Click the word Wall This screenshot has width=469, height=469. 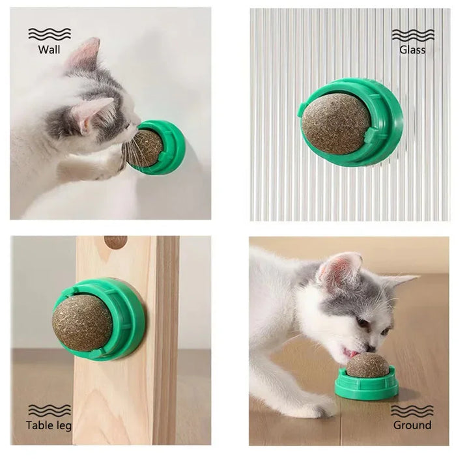(x=50, y=50)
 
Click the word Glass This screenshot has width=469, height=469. (x=412, y=50)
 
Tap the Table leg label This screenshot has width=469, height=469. (x=49, y=426)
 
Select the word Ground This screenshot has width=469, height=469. (x=412, y=425)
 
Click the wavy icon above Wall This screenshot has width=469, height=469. (x=50, y=34)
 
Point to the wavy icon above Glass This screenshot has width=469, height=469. (x=413, y=34)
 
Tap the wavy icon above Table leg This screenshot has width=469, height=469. (x=50, y=410)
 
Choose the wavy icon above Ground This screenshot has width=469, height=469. (x=413, y=410)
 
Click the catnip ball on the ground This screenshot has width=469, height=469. (x=367, y=365)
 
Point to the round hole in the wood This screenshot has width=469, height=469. (x=116, y=242)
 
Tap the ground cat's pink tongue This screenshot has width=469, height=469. (x=352, y=352)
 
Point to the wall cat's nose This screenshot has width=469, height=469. (x=135, y=125)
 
